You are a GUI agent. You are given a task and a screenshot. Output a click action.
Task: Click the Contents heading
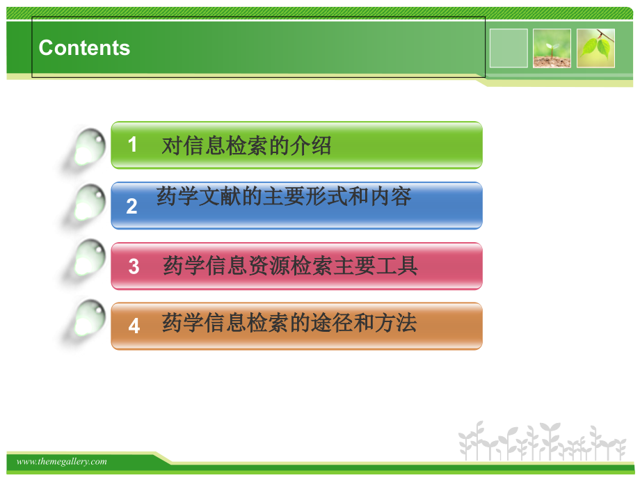[x=84, y=48]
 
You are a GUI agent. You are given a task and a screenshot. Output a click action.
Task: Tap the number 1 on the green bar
[x=133, y=145]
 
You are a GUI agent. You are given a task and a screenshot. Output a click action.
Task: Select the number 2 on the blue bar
[x=132, y=206]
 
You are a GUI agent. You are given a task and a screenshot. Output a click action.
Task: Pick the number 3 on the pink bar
[x=134, y=266]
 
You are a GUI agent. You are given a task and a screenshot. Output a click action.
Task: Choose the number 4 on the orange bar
[x=134, y=326]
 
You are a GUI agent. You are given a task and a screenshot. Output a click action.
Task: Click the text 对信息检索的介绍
[x=246, y=145]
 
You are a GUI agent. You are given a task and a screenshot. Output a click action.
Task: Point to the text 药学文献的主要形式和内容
[x=284, y=197]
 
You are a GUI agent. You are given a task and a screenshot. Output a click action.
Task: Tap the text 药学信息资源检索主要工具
[x=290, y=266]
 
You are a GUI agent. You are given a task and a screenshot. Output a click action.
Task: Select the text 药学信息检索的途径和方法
[x=289, y=323]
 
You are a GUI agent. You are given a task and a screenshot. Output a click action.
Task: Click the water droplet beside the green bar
[x=88, y=147]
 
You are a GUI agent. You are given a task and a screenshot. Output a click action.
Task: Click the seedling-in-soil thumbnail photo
[x=552, y=48]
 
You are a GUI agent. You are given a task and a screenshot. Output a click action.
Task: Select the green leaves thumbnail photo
[x=595, y=48]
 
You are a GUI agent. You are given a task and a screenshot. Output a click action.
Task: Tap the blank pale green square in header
[x=509, y=48]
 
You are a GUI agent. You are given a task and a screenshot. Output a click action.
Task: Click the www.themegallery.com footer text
[x=62, y=461]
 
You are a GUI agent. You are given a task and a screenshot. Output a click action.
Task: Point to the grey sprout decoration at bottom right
[x=542, y=442]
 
